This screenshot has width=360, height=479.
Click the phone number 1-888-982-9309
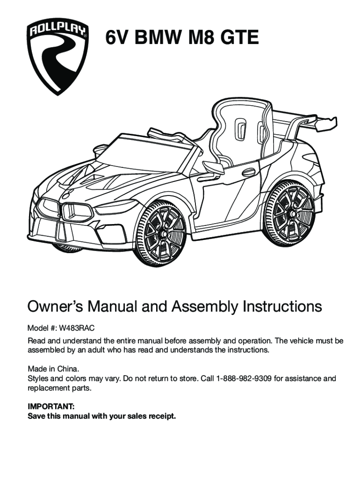tap(244, 378)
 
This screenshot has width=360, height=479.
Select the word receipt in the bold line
tap(161, 416)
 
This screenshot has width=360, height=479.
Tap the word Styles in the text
tap(38, 378)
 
